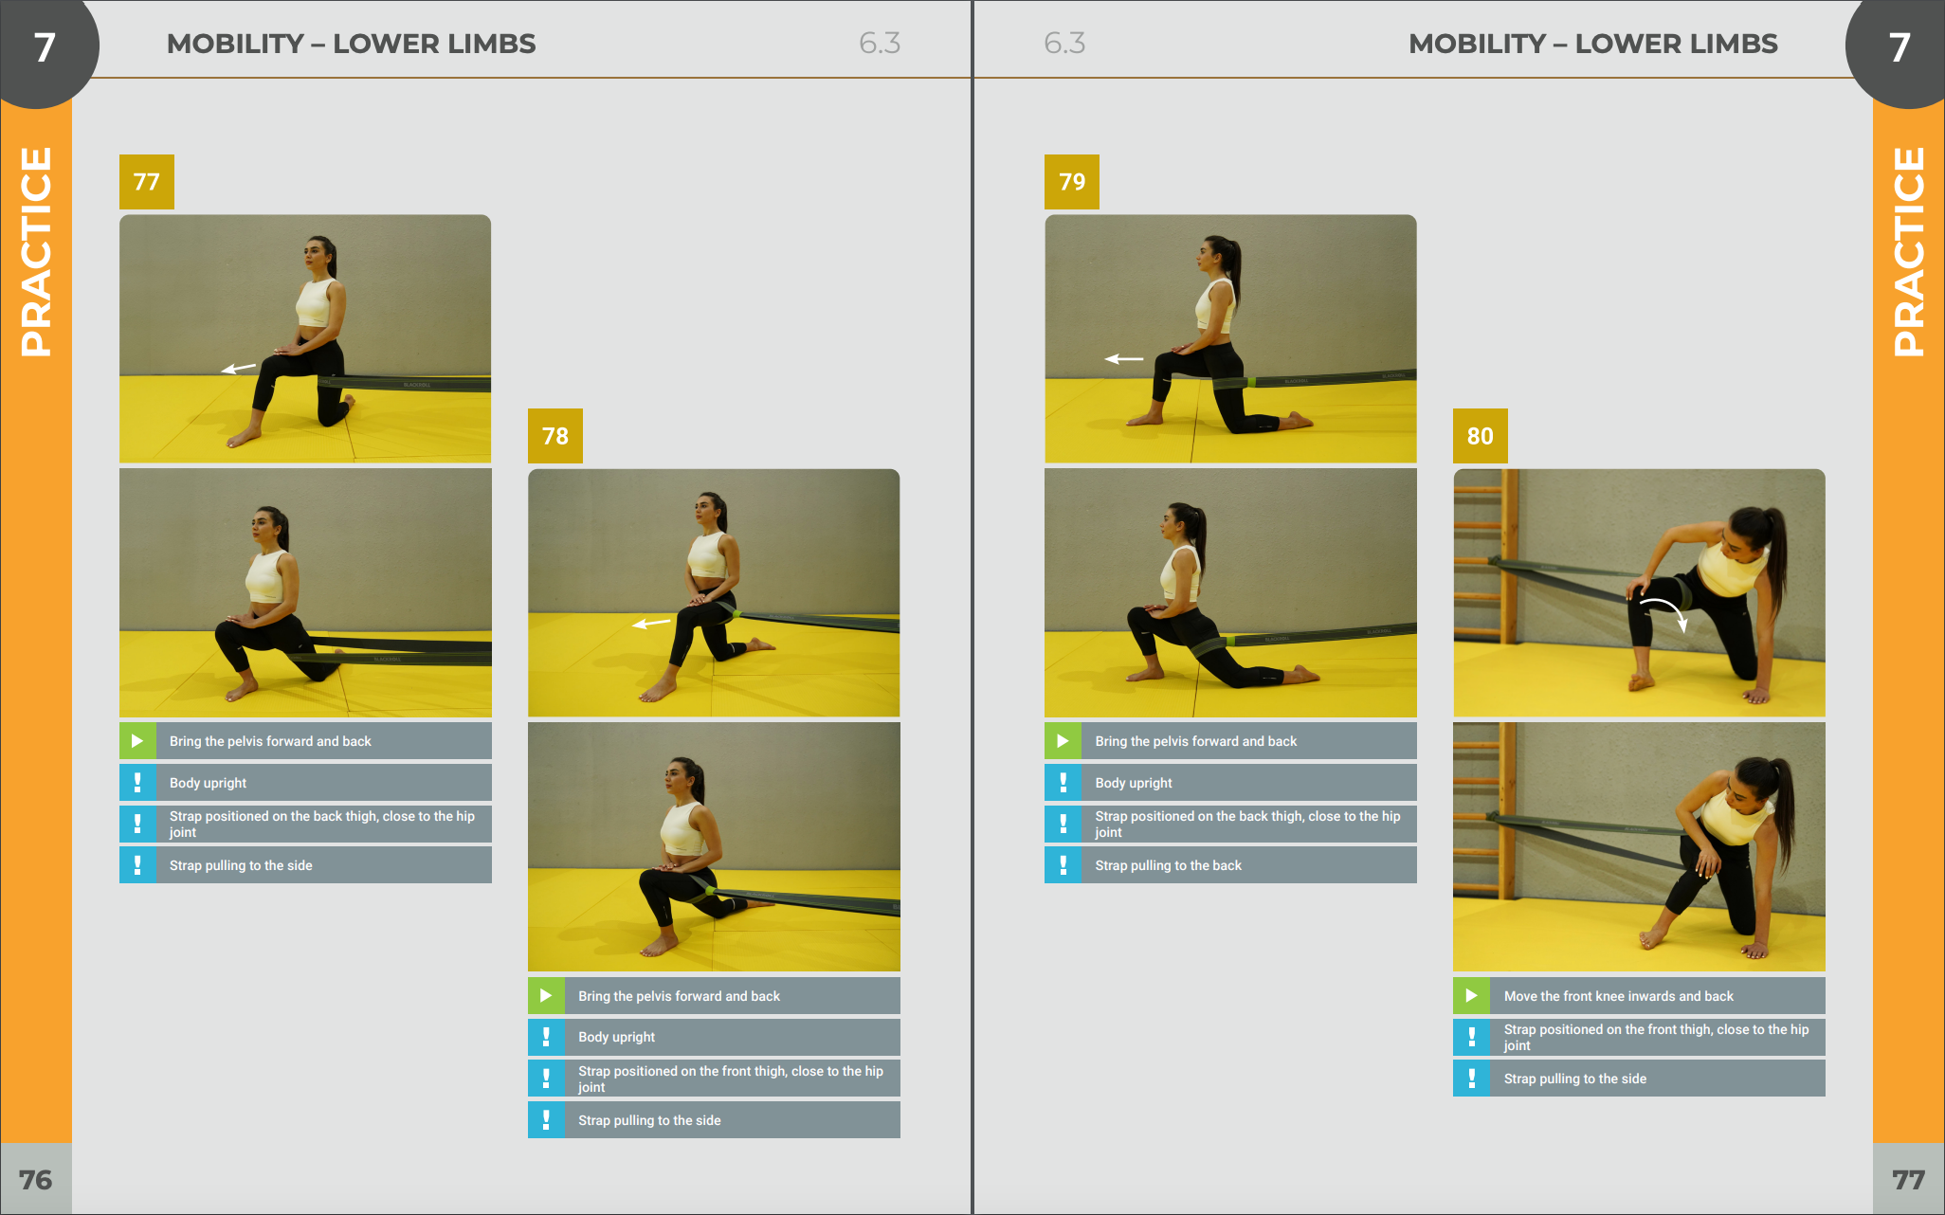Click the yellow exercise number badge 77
click(x=147, y=182)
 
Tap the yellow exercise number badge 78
click(x=555, y=436)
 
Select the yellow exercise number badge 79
click(x=1072, y=182)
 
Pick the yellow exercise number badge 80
click(x=1481, y=436)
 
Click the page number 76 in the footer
click(x=36, y=1180)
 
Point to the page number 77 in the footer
click(x=1909, y=1180)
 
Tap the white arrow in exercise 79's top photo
click(x=1124, y=359)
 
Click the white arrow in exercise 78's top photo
click(x=651, y=624)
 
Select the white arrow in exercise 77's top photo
click(x=239, y=368)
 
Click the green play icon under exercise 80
click(x=1471, y=996)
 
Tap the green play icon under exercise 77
click(x=137, y=741)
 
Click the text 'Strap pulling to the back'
click(x=1168, y=865)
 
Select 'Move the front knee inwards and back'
click(x=1618, y=996)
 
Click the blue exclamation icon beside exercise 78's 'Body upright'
click(x=546, y=1037)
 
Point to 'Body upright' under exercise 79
click(x=1134, y=783)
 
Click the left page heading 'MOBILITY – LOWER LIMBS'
click(x=351, y=44)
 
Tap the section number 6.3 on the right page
click(x=1064, y=44)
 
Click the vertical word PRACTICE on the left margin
click(x=36, y=252)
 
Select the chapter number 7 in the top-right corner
click(x=1900, y=47)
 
